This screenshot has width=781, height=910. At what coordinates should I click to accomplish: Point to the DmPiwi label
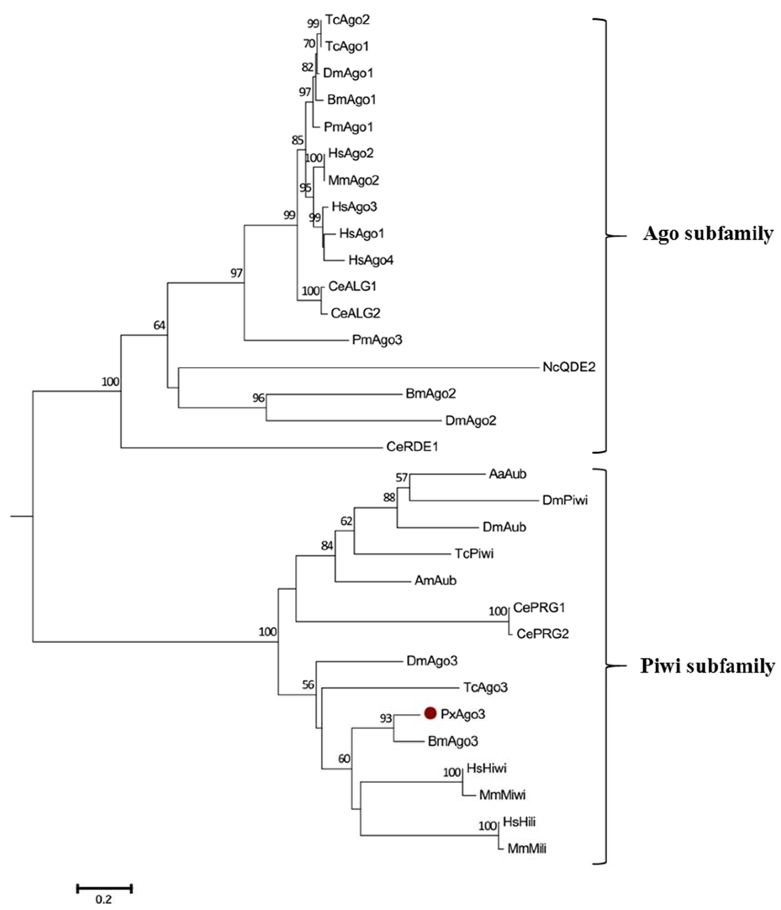(x=565, y=500)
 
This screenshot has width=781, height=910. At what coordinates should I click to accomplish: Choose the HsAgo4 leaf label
(x=371, y=260)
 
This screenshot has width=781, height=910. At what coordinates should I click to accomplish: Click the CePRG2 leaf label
(x=542, y=634)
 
